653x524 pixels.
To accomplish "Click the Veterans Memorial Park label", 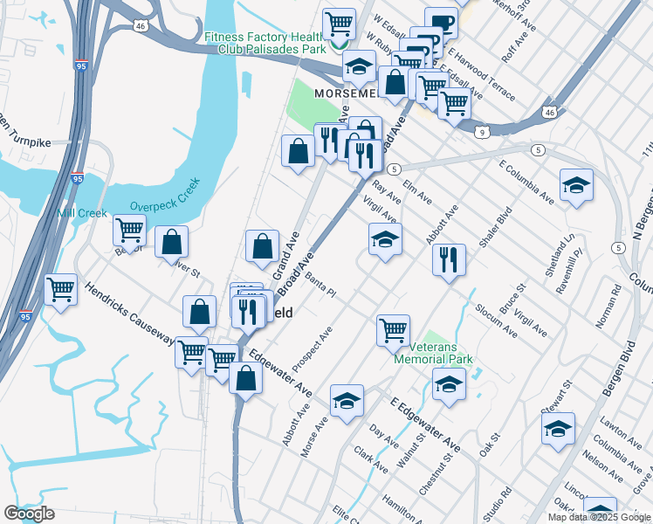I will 433,353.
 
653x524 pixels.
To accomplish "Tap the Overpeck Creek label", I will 165,196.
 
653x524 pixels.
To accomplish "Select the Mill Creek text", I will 82,213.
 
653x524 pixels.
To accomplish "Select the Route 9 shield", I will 482,132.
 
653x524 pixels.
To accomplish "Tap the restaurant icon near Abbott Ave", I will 449,259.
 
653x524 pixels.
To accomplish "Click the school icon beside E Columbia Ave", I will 576,185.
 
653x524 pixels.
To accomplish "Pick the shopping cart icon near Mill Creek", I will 129,231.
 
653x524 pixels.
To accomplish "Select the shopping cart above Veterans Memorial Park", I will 394,330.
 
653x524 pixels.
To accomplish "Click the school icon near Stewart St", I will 558,429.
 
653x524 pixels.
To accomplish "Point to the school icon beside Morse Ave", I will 347,400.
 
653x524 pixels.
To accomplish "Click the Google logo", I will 29,514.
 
